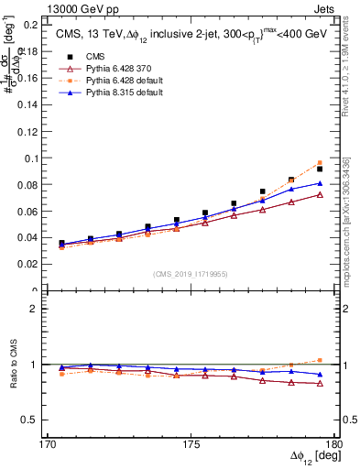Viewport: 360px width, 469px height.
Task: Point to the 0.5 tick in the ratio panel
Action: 27,420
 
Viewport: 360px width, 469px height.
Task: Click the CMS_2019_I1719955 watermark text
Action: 191,272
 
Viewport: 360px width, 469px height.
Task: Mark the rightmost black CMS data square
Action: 320,169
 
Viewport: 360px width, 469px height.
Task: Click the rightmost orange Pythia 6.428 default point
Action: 320,162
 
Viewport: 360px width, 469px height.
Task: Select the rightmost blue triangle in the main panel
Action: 320,183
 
